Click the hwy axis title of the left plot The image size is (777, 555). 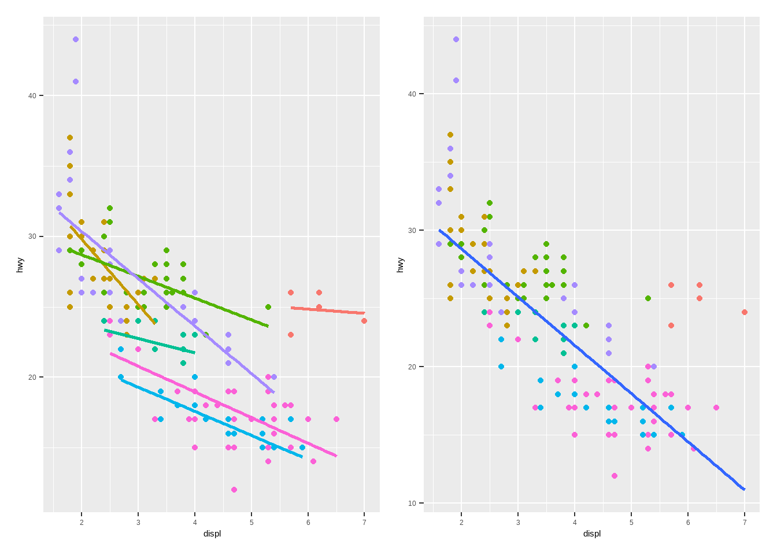click(20, 265)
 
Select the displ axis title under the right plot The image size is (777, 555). click(592, 534)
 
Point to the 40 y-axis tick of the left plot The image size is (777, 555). click(32, 95)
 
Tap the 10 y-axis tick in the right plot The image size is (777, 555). click(412, 503)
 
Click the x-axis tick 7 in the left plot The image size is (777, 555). click(364, 523)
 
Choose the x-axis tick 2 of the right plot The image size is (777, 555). click(461, 523)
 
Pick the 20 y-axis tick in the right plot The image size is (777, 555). click(412, 367)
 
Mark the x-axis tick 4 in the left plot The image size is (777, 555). click(195, 523)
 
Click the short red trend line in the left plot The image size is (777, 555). click(328, 310)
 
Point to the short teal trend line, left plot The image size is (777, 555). click(150, 342)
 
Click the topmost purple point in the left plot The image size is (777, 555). click(76, 39)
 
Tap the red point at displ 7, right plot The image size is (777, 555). click(745, 312)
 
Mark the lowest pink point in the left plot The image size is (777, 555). click(234, 490)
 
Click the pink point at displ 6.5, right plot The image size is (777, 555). click(716, 408)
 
